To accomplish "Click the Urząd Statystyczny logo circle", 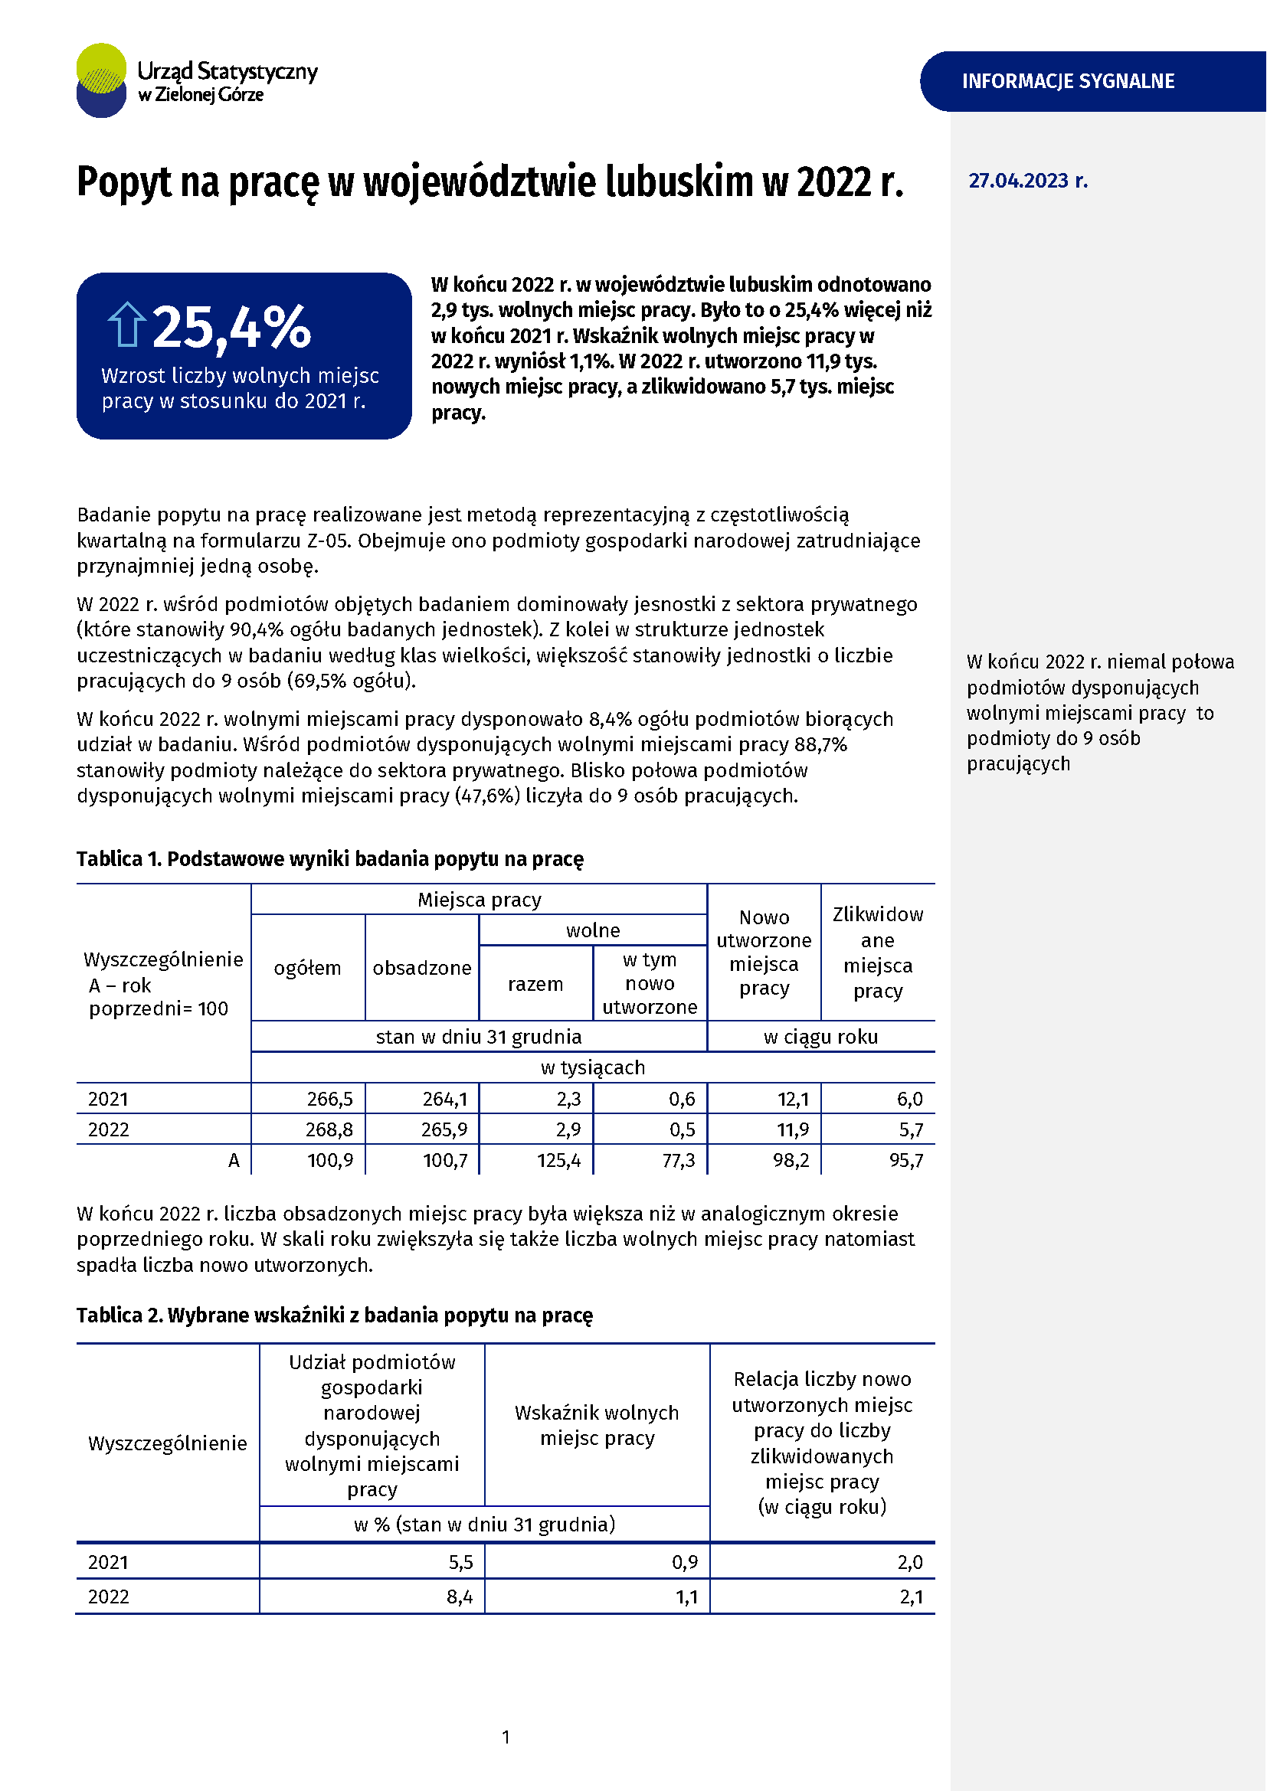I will click(x=101, y=80).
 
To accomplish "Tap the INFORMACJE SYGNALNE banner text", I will click(x=1067, y=81).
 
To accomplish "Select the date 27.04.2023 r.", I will click(x=1027, y=181).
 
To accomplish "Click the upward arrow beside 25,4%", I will click(x=126, y=325).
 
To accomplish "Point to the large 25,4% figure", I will click(x=231, y=328).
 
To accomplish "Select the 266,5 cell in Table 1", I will click(x=329, y=1099).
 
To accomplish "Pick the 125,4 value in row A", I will click(x=558, y=1161).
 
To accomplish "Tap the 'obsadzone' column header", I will click(x=422, y=968).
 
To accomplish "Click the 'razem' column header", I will click(x=535, y=985).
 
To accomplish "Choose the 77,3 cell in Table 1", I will click(x=678, y=1161).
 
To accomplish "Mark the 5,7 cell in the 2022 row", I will click(x=911, y=1130).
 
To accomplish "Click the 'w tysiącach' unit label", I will click(x=593, y=1068).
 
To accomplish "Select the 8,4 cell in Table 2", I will click(x=460, y=1597).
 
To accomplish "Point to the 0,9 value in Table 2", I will click(x=685, y=1563).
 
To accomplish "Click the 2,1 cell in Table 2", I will click(x=911, y=1597).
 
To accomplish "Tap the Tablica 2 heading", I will click(x=335, y=1315).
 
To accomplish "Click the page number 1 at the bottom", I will click(x=506, y=1737).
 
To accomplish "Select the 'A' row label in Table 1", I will click(x=234, y=1161).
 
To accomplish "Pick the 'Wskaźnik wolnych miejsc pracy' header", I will click(x=597, y=1425).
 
